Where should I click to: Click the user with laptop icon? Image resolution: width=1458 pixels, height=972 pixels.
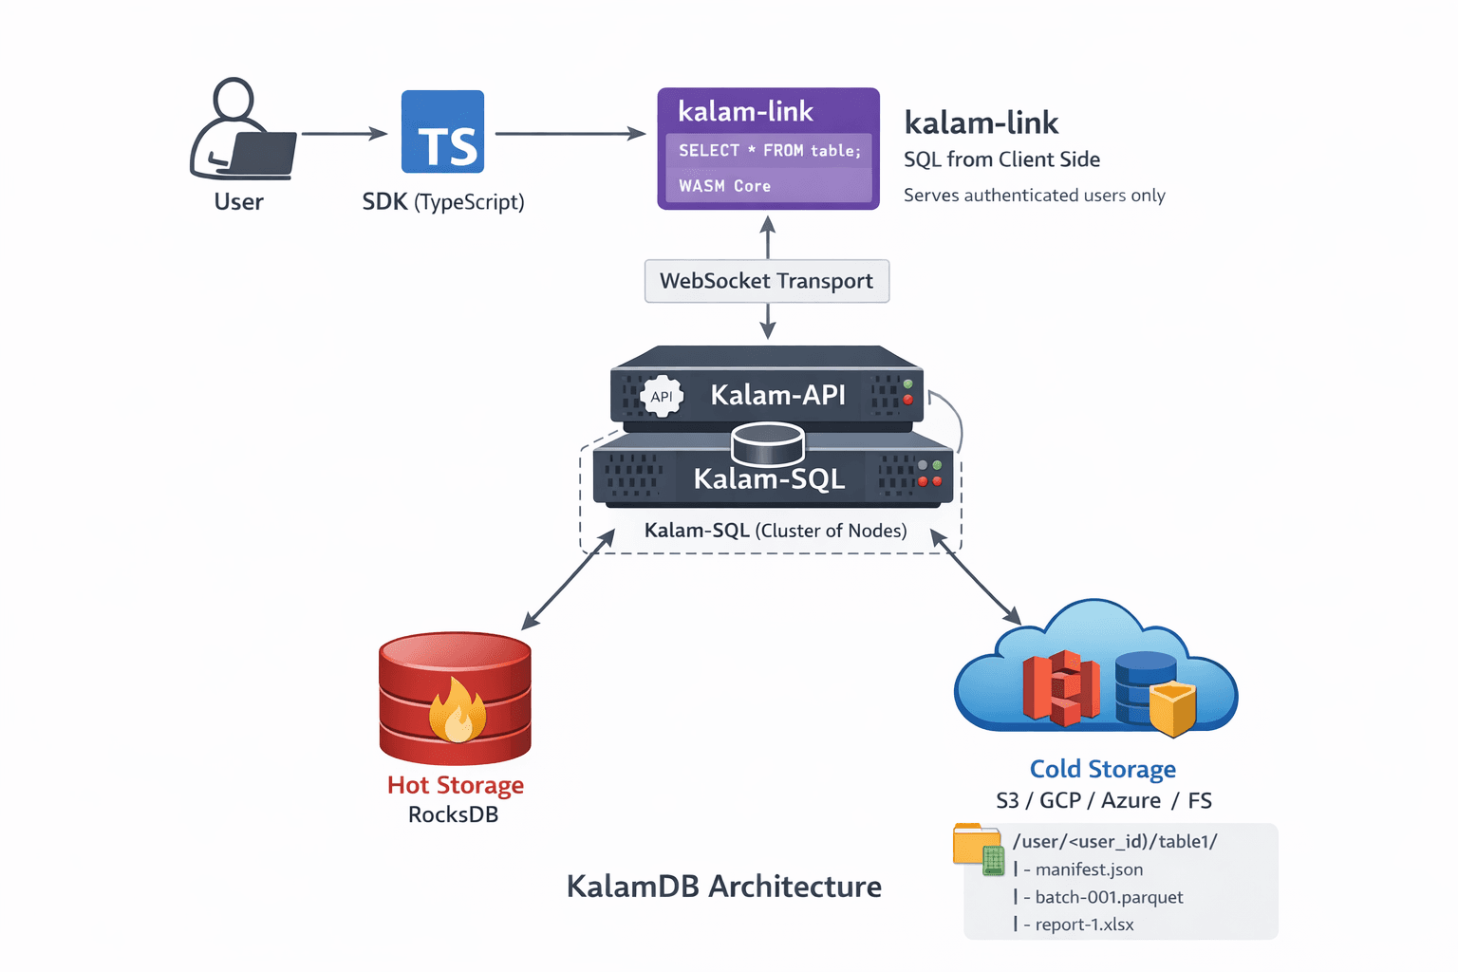click(242, 132)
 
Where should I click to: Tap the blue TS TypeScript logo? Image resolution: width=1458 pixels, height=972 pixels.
click(442, 132)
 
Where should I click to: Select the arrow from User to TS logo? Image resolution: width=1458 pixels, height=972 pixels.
click(344, 134)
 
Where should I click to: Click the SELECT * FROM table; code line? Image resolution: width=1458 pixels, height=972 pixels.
click(769, 151)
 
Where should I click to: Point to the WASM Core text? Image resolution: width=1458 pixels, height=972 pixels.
click(724, 186)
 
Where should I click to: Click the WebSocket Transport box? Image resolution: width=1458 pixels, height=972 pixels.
click(766, 281)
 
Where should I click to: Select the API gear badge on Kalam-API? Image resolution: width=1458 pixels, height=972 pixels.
click(662, 397)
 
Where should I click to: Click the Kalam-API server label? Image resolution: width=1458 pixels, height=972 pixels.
click(777, 395)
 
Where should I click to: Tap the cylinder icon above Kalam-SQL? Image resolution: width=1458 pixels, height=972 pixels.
click(768, 443)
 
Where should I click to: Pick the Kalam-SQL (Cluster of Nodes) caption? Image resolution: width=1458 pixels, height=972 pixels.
click(775, 531)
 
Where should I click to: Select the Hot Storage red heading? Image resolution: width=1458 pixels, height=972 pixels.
click(455, 785)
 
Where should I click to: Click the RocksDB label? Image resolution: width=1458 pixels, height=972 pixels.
click(453, 814)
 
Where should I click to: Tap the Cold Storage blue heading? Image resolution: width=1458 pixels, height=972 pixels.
click(1102, 769)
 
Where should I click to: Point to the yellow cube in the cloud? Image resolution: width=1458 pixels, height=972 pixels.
click(1172, 708)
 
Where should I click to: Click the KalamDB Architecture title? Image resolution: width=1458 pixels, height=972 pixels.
click(723, 887)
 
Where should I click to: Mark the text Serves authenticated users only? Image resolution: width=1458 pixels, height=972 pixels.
click(1034, 196)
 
